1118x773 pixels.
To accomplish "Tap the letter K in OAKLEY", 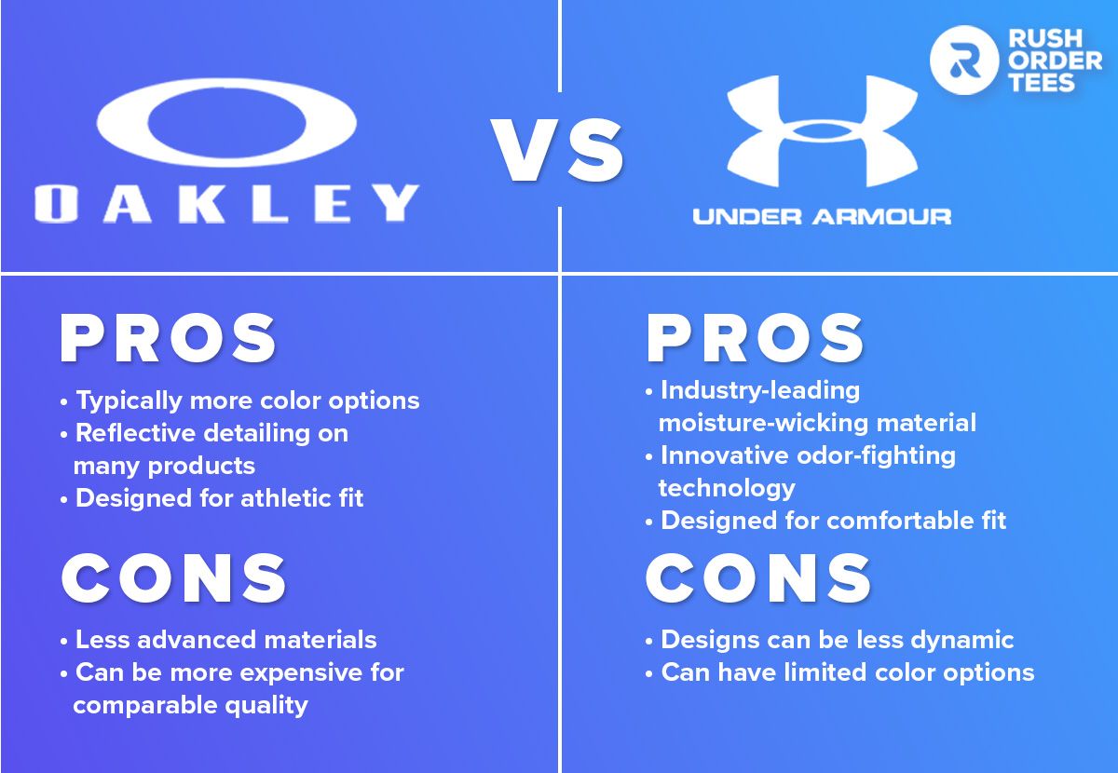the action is click(202, 203).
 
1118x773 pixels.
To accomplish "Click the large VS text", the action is click(557, 150).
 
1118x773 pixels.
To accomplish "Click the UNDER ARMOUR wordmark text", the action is click(822, 217).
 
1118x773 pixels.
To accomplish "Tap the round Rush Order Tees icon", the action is click(964, 60).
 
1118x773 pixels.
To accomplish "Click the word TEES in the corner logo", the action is click(1042, 82).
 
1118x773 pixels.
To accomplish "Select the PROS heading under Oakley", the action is click(168, 338).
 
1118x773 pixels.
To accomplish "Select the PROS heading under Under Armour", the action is click(755, 338).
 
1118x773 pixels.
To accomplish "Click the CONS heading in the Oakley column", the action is click(173, 577).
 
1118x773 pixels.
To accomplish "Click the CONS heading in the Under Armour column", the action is click(758, 577).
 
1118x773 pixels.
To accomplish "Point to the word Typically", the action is click(130, 401).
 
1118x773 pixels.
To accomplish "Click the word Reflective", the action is click(135, 432).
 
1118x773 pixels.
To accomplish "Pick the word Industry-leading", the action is click(760, 391).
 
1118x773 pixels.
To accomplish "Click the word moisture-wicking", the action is click(764, 423).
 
